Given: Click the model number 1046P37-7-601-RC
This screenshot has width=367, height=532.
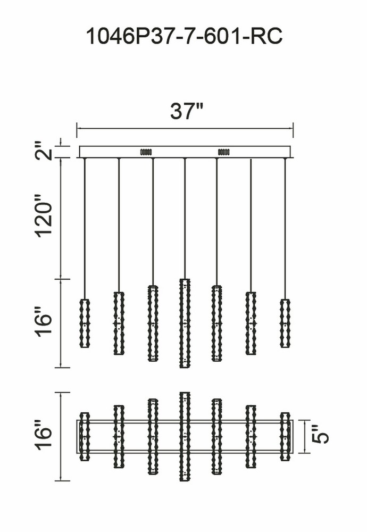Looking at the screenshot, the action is coord(184,36).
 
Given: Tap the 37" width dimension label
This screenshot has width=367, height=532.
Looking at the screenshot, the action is coord(186,111).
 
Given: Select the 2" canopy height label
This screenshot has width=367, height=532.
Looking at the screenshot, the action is coord(44,151).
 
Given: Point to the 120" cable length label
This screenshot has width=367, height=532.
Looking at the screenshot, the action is coord(44,216).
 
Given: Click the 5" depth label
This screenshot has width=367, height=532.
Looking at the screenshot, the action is coord(320,434).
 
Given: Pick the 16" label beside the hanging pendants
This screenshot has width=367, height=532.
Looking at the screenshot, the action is coord(44,322).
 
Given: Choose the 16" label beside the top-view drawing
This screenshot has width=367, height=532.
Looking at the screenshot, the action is coord(44,435).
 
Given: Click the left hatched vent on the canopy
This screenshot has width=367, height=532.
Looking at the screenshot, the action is coord(146,152).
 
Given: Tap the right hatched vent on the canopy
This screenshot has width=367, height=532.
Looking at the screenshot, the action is coord(223,152).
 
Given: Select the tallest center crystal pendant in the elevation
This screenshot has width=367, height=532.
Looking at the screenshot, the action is coord(185,323).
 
